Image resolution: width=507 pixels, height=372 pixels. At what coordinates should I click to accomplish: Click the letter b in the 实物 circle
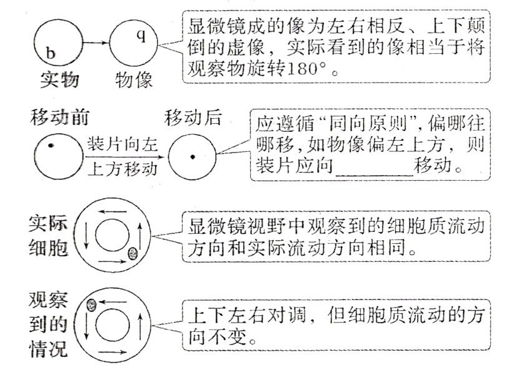click(x=51, y=54)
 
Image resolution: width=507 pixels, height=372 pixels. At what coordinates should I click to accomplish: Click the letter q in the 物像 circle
click(x=141, y=35)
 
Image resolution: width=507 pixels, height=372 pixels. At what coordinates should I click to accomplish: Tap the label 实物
click(x=58, y=79)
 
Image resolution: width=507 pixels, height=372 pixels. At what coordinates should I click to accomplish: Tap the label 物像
click(x=135, y=79)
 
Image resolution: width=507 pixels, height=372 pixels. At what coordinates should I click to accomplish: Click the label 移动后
click(x=193, y=117)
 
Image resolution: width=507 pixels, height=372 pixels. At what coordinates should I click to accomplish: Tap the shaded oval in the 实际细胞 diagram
click(x=133, y=253)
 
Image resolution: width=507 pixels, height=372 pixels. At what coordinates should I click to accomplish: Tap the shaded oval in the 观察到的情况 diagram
click(x=91, y=304)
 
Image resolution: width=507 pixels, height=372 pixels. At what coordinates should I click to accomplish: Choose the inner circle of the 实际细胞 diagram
click(x=114, y=236)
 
